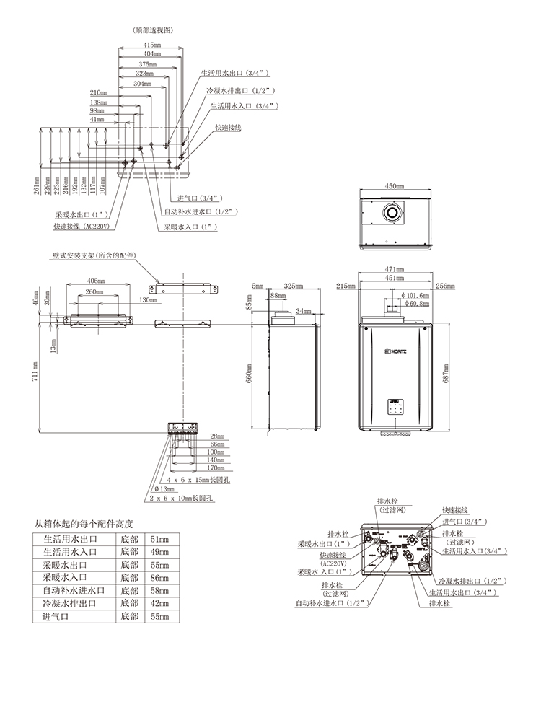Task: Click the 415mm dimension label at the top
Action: click(x=151, y=45)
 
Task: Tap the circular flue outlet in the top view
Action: click(x=393, y=214)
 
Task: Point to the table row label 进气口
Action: click(x=56, y=617)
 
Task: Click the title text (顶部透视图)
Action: click(x=153, y=30)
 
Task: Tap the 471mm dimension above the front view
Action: click(x=394, y=269)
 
